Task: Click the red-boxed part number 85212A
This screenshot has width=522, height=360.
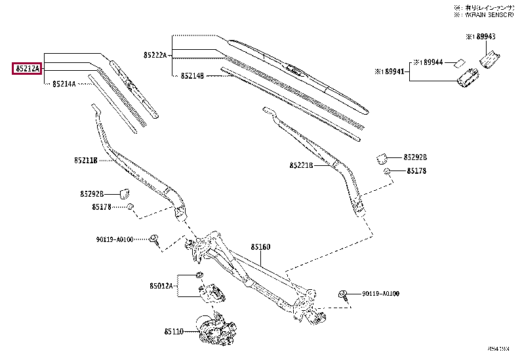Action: [27, 68]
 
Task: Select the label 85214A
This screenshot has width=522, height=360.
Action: [64, 84]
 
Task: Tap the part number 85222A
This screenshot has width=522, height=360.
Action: [155, 55]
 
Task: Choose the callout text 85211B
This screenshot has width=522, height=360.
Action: [85, 160]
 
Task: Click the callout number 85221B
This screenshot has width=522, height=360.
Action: [302, 166]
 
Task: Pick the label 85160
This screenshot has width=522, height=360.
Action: [260, 247]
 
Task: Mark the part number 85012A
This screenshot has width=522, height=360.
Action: [161, 285]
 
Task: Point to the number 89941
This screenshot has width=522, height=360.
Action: [392, 71]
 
